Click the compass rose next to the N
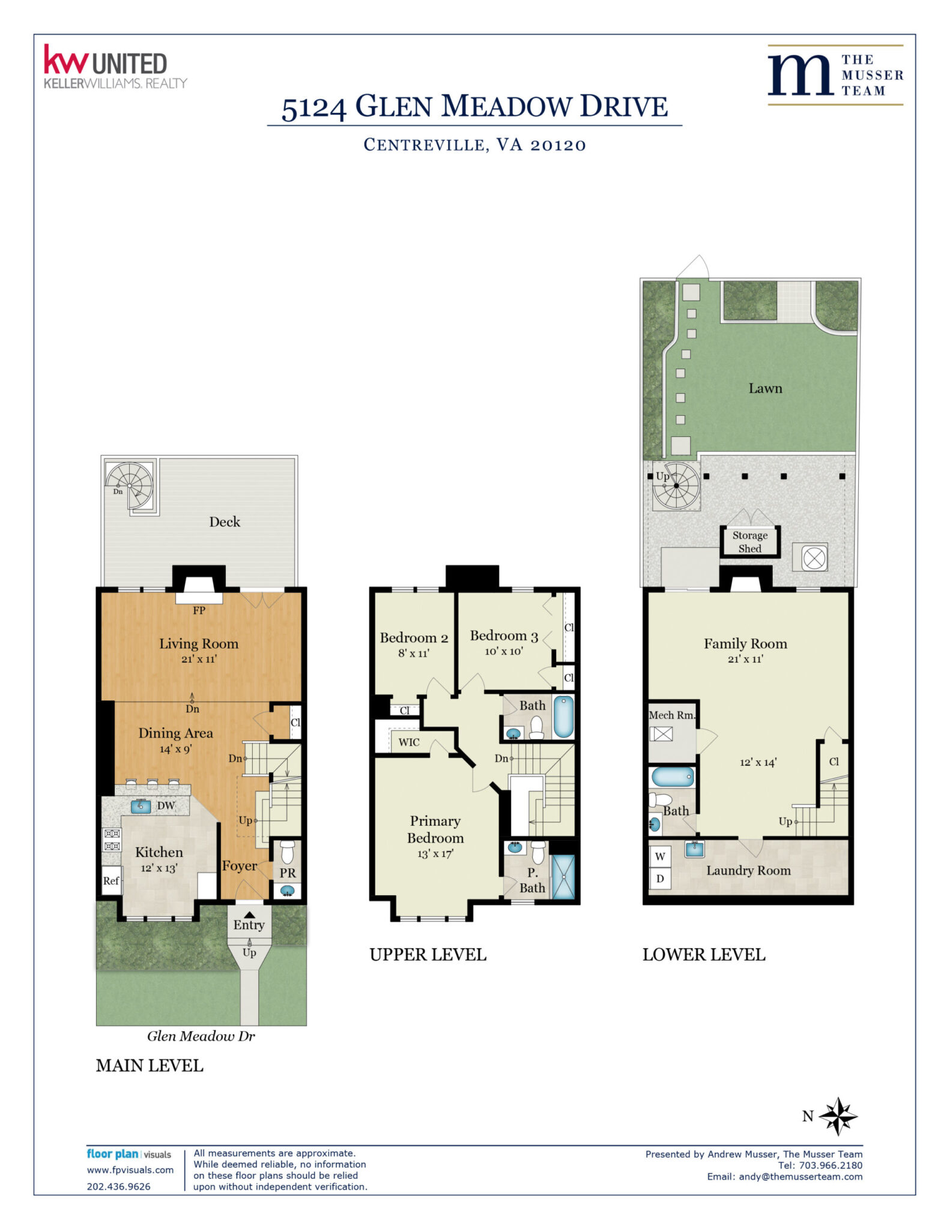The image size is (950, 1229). pos(838,1116)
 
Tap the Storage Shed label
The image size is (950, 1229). pos(749,541)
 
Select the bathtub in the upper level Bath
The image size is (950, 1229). pos(563,716)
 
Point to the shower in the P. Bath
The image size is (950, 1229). pos(563,877)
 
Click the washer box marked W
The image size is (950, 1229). pos(660,856)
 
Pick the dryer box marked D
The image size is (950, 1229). pos(660,879)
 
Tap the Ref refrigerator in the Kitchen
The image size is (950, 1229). pos(112,880)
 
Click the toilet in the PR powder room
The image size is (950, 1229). pos(288,851)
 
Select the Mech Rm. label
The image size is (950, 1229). pos(672,715)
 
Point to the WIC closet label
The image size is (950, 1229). pos(409,742)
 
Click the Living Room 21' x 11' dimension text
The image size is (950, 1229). pos(199,659)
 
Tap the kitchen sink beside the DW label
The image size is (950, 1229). pos(141,806)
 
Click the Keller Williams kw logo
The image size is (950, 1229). pos(66,60)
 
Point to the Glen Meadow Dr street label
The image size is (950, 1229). pos(201,1036)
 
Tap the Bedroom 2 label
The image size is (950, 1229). pos(414,638)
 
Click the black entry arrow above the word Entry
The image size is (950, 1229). pos(249,915)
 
